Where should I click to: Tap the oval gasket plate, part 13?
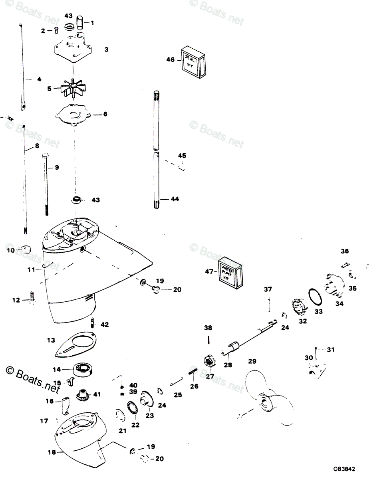point(78,344)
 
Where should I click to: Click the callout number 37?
point(268,289)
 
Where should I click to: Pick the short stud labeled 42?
point(93,322)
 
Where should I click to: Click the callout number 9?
point(56,168)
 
